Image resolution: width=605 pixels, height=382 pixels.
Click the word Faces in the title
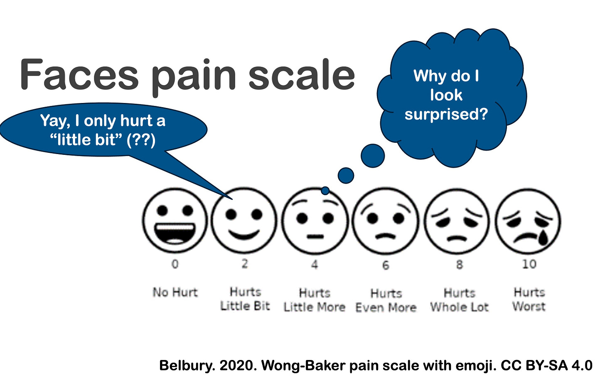79,75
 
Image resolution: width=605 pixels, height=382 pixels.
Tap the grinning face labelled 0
175,220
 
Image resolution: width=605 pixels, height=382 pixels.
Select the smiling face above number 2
244,220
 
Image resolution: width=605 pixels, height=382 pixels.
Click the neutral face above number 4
315,220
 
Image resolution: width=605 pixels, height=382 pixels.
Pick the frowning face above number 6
386,220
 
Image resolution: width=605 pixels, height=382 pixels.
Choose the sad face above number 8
457,220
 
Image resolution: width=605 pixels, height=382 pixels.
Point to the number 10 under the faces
529,264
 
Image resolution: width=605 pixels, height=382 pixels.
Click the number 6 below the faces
386,265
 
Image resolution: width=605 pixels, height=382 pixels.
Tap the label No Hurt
175,292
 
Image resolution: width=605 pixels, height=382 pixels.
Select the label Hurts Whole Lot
459,300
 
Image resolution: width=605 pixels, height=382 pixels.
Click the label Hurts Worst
529,299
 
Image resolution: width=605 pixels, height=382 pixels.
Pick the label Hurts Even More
386,301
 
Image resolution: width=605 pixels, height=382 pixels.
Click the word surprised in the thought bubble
446,114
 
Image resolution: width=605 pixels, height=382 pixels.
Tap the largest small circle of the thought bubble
373,156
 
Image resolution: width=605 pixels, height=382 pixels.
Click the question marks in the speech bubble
141,140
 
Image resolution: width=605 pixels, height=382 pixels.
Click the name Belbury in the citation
187,365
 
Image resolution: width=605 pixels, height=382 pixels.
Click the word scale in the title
302,75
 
